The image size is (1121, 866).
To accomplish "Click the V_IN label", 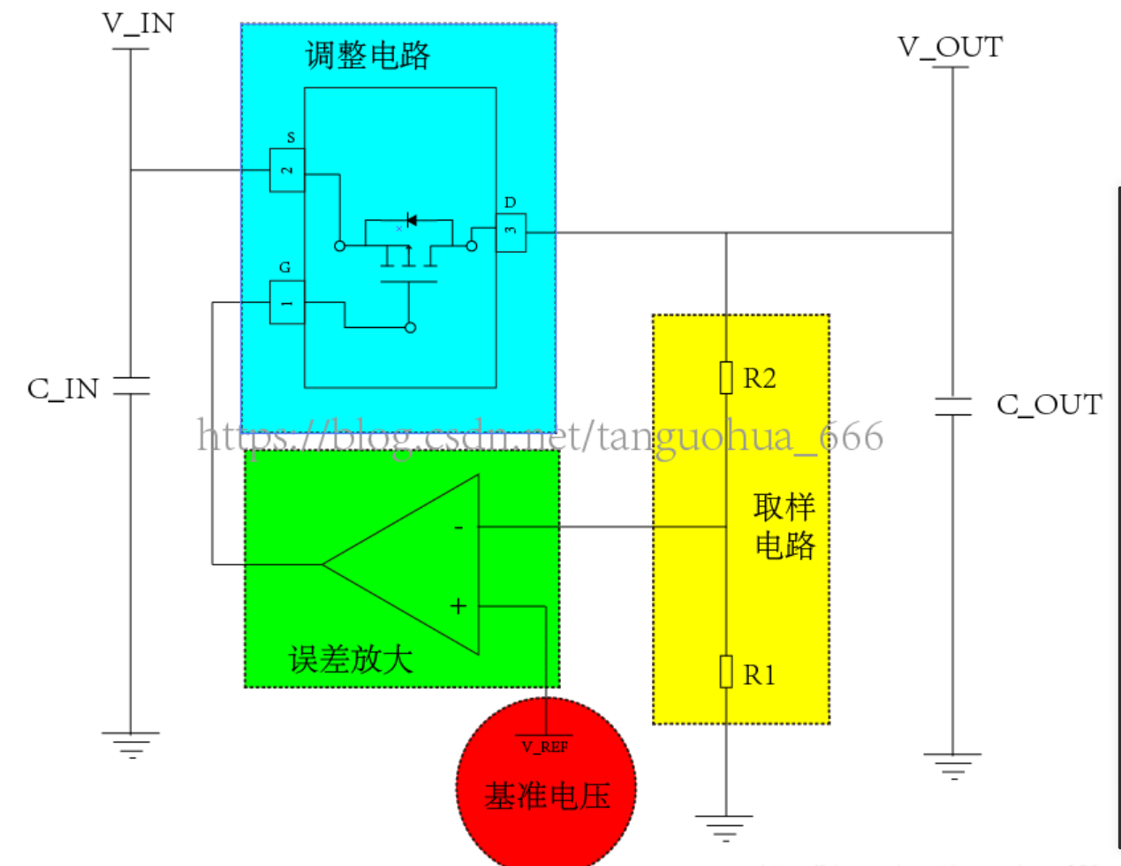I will click(x=139, y=24).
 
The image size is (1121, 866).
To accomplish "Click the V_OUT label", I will click(x=951, y=47).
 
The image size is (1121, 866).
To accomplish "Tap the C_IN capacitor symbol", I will click(x=131, y=386).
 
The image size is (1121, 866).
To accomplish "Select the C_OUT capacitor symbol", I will click(x=953, y=406).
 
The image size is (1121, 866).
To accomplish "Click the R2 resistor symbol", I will click(x=726, y=377).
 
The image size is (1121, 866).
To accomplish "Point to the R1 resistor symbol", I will click(x=726, y=672).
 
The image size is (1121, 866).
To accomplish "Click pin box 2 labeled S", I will click(x=287, y=170).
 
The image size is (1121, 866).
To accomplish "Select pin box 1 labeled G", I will click(x=287, y=302).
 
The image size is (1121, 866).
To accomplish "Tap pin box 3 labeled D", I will click(x=511, y=232).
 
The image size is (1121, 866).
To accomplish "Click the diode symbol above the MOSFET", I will click(x=411, y=219).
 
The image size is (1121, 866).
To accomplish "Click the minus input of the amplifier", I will click(x=458, y=528).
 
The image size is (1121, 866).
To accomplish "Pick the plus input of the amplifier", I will click(x=458, y=606).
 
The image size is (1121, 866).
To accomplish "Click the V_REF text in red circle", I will click(x=545, y=747).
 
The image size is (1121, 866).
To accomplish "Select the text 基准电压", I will click(x=547, y=795).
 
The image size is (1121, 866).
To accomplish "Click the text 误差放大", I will click(x=351, y=659).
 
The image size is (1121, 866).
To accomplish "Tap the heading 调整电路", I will click(x=367, y=56).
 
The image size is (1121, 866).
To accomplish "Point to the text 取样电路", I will click(x=784, y=526).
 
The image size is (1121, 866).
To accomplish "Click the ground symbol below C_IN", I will click(x=131, y=745).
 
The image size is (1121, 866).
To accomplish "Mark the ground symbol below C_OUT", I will click(x=952, y=765).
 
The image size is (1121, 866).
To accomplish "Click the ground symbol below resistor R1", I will click(x=724, y=828).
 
